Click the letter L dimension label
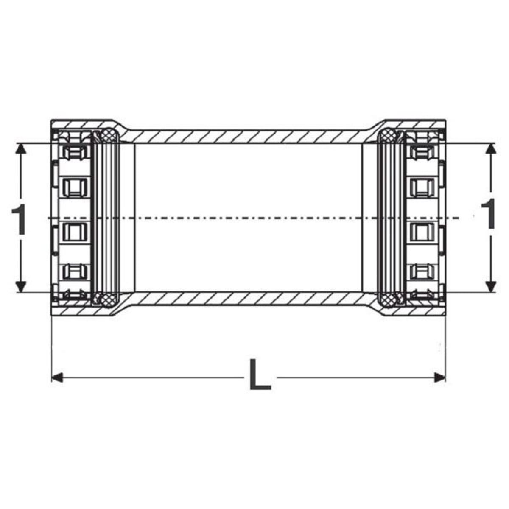coord(260,375)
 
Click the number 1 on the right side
coord(488,213)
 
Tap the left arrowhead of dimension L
coord(57,378)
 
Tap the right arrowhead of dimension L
coord(440,378)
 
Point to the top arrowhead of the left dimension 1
coord(21,149)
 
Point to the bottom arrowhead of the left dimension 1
coord(21,286)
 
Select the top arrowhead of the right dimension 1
coord(491,149)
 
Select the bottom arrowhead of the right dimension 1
coord(491,286)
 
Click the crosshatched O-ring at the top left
coord(109,135)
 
